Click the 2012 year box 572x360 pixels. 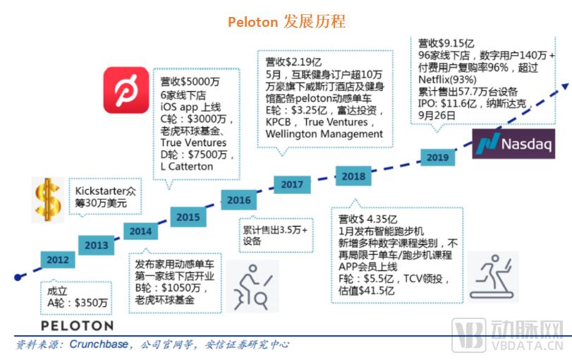[x=58, y=260]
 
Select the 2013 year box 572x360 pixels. [x=97, y=245]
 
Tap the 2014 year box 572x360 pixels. [x=140, y=231]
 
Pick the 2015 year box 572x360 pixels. [x=188, y=217]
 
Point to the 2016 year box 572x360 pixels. [x=239, y=200]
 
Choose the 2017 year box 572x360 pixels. [x=292, y=184]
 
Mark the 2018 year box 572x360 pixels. [x=353, y=176]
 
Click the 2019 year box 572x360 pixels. [x=438, y=157]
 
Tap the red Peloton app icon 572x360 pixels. [x=126, y=90]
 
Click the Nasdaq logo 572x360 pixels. [x=513, y=143]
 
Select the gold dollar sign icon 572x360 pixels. [x=48, y=200]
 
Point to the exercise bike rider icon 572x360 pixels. [x=252, y=287]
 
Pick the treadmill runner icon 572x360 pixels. [x=493, y=277]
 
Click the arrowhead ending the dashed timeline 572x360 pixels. [x=565, y=87]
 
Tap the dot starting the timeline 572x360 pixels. [x=18, y=277]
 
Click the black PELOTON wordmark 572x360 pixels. [x=77, y=325]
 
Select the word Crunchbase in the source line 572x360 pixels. [x=99, y=344]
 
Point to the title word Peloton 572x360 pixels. [x=252, y=23]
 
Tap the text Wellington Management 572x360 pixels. [x=324, y=134]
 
